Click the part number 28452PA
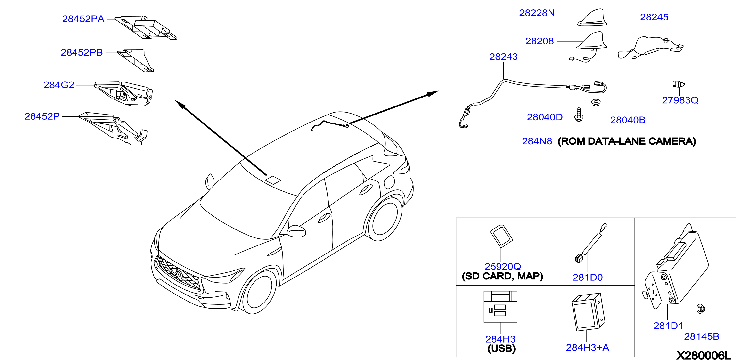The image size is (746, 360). pyautogui.click(x=83, y=19)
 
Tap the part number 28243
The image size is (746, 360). pyautogui.click(x=503, y=57)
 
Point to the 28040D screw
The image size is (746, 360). pyautogui.click(x=579, y=115)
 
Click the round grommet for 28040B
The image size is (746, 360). pyautogui.click(x=595, y=102)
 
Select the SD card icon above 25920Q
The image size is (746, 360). pyautogui.click(x=501, y=236)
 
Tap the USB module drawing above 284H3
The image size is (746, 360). pyautogui.click(x=500, y=307)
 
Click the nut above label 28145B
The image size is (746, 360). pyautogui.click(x=700, y=309)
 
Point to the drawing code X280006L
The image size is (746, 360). pyautogui.click(x=704, y=355)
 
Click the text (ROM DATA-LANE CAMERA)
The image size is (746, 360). pyautogui.click(x=627, y=141)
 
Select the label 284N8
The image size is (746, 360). pyautogui.click(x=537, y=141)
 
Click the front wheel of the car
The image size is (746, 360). pyautogui.click(x=259, y=292)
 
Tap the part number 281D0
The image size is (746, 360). pyautogui.click(x=588, y=278)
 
